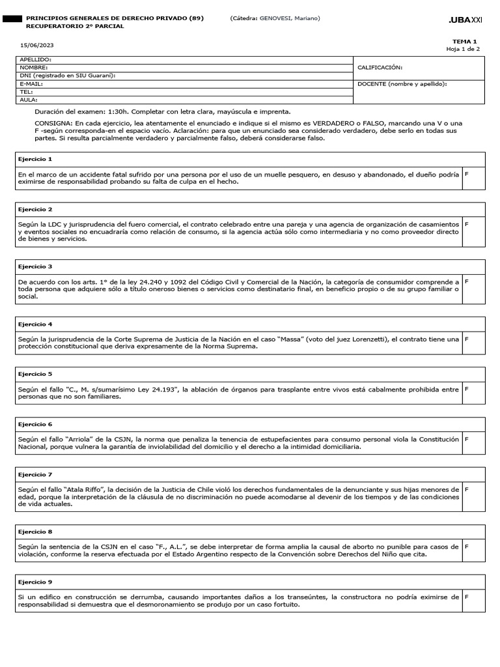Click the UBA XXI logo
[465, 21]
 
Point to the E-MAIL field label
[31, 84]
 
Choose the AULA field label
[29, 100]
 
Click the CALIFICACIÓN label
[380, 67]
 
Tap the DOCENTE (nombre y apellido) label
[402, 84]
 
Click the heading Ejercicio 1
[35, 159]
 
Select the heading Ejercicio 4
[35, 324]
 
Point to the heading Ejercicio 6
[35, 424]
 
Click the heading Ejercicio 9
[35, 582]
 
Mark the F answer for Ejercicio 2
[466, 224]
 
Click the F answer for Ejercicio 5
[466, 389]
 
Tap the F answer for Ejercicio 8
[466, 546]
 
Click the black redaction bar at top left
[11, 19]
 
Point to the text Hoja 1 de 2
[463, 49]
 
